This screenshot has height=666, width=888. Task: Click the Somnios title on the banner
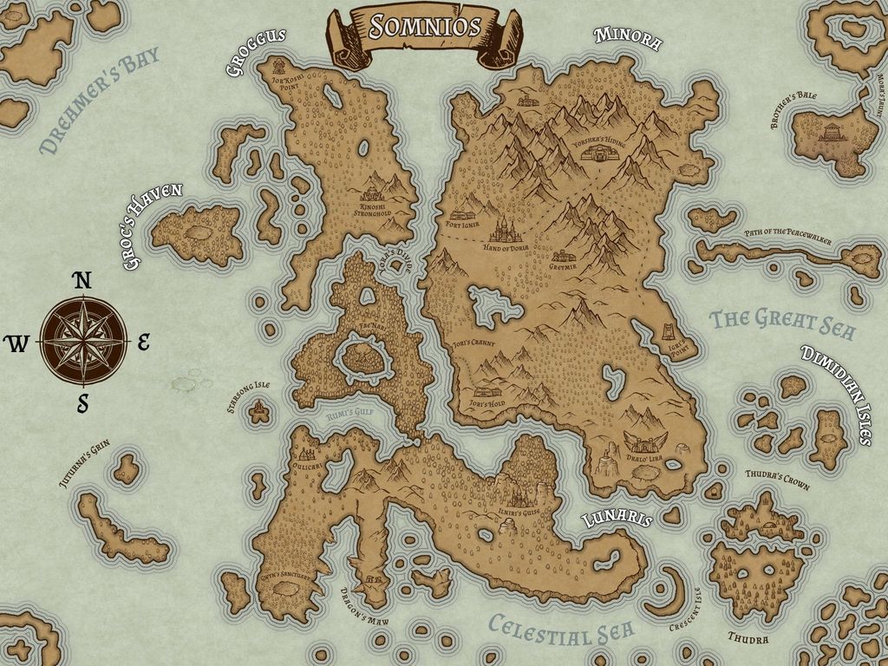[424, 26]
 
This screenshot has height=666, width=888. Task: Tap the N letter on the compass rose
[82, 280]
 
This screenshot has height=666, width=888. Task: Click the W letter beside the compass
[16, 344]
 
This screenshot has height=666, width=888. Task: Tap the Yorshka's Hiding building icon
[598, 153]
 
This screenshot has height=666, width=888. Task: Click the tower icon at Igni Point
[669, 332]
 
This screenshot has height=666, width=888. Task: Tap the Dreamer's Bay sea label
[100, 101]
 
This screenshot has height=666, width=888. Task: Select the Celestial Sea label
[560, 630]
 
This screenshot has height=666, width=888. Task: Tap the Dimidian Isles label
[837, 395]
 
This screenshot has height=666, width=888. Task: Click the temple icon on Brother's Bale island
[832, 133]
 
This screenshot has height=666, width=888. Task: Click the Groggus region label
[257, 52]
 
